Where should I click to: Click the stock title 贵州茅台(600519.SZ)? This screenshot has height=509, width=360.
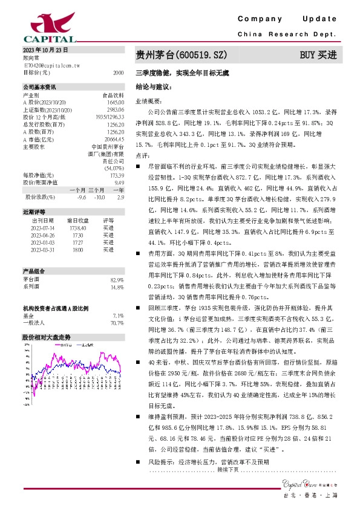tap(182, 55)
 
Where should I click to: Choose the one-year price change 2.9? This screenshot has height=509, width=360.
tap(120, 196)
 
